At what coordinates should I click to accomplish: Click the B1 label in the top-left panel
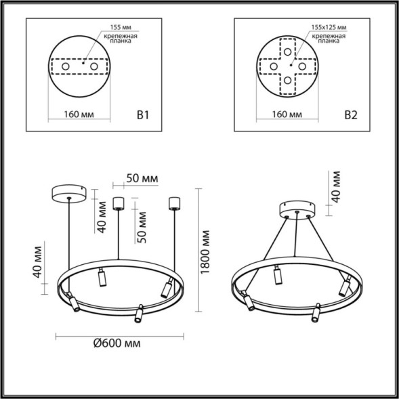pos(142,115)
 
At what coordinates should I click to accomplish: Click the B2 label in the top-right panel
pos(350,115)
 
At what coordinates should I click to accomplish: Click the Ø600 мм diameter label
pos(117,343)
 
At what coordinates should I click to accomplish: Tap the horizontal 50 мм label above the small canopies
pos(142,178)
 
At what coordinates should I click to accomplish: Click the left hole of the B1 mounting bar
pos(67,67)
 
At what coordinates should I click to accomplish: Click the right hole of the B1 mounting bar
pos(94,67)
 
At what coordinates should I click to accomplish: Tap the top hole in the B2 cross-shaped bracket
pos(289,51)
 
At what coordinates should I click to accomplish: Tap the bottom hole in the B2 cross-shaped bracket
pos(289,81)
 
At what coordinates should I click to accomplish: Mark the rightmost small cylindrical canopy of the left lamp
pos(173,203)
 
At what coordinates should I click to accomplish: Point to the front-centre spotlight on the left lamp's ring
pos(140,313)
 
